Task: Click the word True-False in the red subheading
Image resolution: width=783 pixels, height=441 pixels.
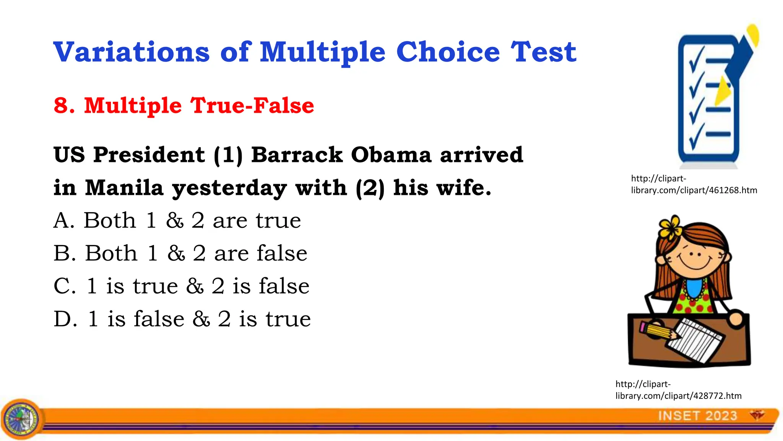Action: point(252,105)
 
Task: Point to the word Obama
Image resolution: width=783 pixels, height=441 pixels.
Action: point(391,155)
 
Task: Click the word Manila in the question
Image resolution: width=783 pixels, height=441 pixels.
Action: point(124,188)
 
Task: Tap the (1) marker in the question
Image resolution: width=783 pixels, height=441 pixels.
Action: point(228,155)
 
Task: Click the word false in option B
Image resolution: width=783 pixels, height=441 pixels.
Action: point(282,253)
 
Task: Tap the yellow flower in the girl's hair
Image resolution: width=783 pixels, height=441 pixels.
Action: point(670,226)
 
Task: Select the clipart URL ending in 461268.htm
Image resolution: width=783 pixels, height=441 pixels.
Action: point(694,184)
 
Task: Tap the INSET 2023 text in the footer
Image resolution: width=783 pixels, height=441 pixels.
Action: point(697,416)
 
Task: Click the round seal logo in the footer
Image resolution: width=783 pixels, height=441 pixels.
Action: point(21,419)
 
